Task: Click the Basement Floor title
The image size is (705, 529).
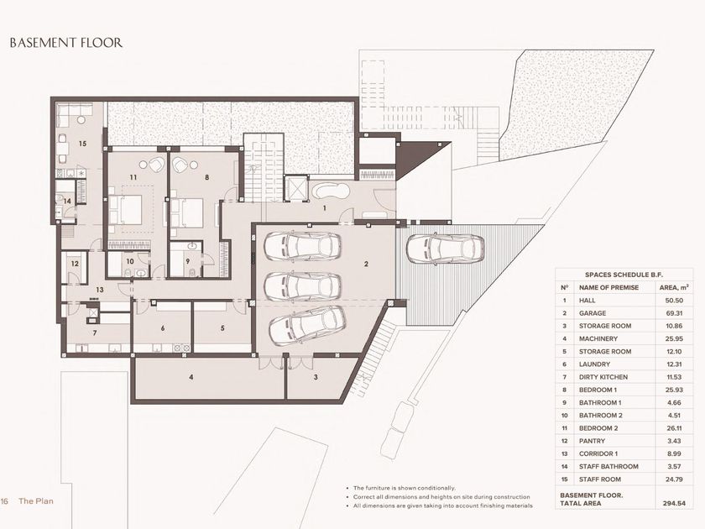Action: click(66, 43)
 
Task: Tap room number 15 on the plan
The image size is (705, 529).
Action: click(82, 144)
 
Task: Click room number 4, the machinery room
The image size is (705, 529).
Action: click(191, 377)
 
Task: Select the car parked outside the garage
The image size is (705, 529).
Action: click(446, 248)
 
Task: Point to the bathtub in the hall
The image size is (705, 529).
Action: click(331, 191)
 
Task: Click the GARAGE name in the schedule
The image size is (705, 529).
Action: click(593, 313)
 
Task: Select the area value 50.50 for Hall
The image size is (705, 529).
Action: click(674, 301)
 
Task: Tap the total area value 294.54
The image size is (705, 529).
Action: click(674, 503)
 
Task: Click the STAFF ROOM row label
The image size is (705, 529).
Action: click(600, 479)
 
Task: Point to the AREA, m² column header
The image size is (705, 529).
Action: click(674, 287)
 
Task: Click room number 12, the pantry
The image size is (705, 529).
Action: click(75, 264)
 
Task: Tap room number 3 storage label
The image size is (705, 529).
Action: click(316, 377)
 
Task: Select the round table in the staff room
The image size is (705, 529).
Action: click(81, 119)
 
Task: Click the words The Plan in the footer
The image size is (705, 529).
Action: click(36, 501)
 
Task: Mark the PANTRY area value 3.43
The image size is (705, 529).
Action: click(674, 441)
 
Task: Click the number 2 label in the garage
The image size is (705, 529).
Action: click(366, 264)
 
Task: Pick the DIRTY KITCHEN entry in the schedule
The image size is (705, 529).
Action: click(603, 377)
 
